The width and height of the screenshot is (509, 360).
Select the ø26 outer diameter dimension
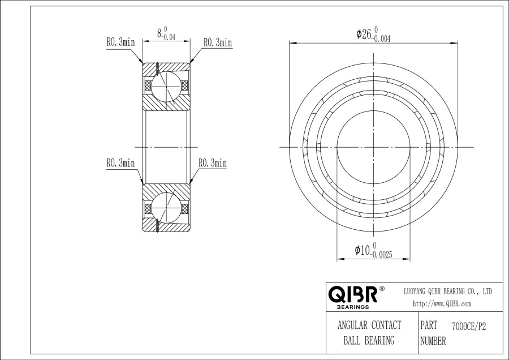[373, 35]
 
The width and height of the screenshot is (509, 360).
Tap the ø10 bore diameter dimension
[373, 250]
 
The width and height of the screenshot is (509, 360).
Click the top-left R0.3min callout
[120, 42]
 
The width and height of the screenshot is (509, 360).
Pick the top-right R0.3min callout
[218, 42]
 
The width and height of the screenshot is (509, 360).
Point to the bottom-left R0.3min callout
[120, 163]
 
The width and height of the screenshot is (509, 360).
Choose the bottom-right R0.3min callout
[213, 163]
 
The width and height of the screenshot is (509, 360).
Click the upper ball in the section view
[166, 85]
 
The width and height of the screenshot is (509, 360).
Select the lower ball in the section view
[166, 208]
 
